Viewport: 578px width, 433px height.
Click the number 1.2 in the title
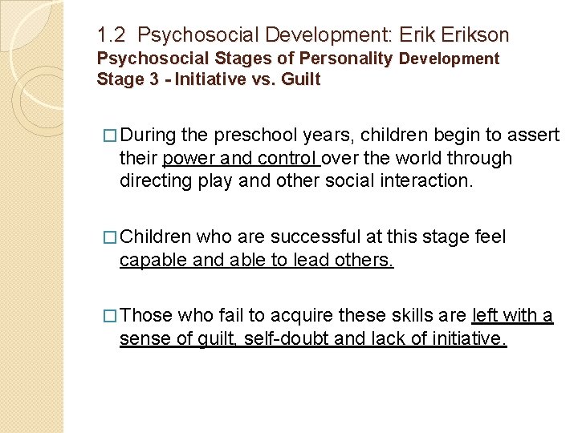coord(112,36)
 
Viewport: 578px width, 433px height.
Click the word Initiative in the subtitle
coord(212,79)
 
